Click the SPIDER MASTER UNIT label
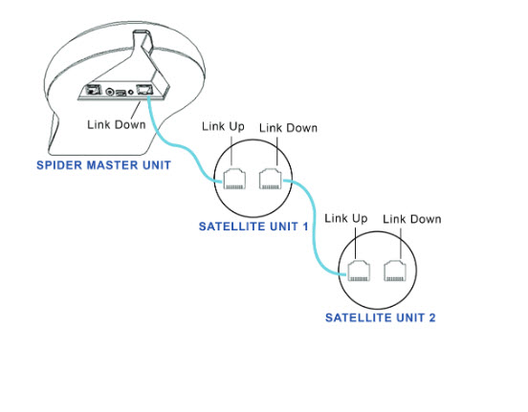point(103,165)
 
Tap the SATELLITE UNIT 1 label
point(253,227)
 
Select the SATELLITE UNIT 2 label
point(380,317)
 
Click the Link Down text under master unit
point(116,124)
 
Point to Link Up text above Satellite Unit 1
point(223,126)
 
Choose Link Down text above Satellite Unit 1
point(288,128)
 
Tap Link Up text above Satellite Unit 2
point(346,219)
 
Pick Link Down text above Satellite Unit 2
point(412,220)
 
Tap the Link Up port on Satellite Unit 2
point(359,271)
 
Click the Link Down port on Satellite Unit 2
point(395,271)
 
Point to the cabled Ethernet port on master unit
point(144,90)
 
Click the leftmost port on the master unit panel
point(94,90)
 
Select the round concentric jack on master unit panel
point(110,91)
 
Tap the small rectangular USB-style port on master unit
point(121,92)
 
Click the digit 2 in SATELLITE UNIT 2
point(431,317)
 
